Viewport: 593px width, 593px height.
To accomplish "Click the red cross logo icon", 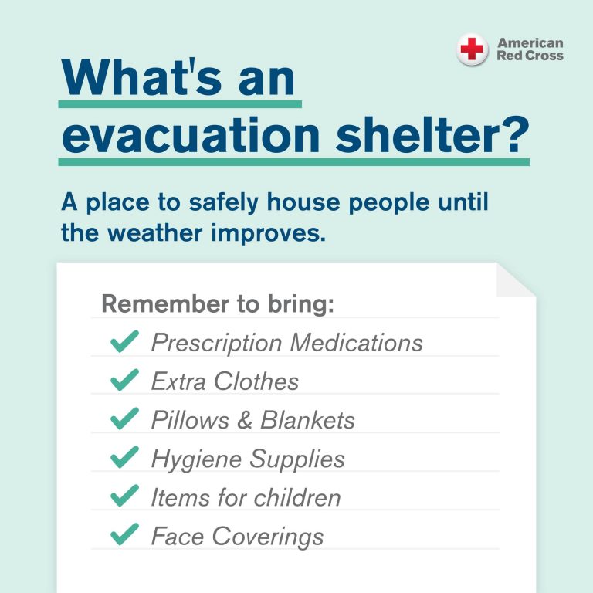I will (472, 50).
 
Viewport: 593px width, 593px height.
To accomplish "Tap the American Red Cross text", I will (530, 49).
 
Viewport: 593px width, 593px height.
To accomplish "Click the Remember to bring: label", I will (218, 303).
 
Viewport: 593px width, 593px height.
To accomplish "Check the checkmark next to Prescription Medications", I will (124, 341).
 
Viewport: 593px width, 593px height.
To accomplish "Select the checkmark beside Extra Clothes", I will (124, 380).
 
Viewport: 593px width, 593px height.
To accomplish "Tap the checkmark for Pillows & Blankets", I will (124, 418).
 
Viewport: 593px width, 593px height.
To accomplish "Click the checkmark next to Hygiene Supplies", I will (124, 457).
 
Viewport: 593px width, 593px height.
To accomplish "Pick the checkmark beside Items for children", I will (124, 496).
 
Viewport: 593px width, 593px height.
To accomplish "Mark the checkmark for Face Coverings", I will (124, 534).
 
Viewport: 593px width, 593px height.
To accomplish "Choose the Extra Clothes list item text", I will (225, 381).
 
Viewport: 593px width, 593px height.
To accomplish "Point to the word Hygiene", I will (196, 459).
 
